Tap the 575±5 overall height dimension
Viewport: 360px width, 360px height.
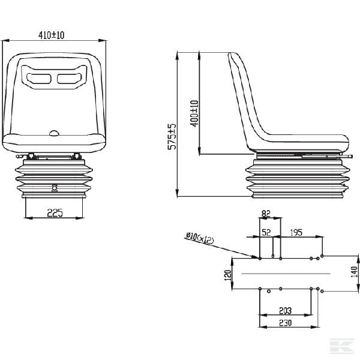pos(172,137)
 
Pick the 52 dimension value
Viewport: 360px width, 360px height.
pos(266,232)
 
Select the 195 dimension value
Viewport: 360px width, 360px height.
pos(296,232)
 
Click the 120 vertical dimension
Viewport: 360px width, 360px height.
pos(227,276)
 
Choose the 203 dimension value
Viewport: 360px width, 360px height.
pos(285,311)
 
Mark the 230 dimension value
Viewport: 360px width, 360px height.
pos(285,323)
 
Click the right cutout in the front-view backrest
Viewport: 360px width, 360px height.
pos(68,77)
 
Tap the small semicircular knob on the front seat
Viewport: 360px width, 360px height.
pos(54,133)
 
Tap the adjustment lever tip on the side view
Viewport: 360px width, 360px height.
pos(349,158)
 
